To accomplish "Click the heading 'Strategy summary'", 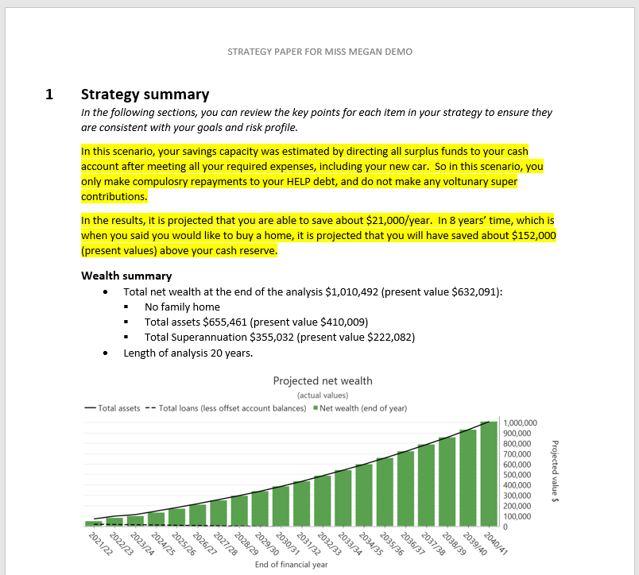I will (x=145, y=95).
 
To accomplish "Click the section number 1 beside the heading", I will (x=49, y=95).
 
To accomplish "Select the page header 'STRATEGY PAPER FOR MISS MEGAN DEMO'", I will (x=319, y=52).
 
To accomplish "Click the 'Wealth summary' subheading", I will (x=126, y=276).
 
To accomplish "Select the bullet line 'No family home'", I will (x=182, y=307).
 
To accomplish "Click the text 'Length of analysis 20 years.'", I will (x=188, y=353).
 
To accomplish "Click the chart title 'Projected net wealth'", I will (x=322, y=380).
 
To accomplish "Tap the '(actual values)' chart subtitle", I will (x=322, y=395).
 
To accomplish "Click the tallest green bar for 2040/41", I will (x=488, y=473).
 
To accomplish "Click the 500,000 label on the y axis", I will (x=520, y=475).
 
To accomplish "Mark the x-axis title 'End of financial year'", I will (x=291, y=565).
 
